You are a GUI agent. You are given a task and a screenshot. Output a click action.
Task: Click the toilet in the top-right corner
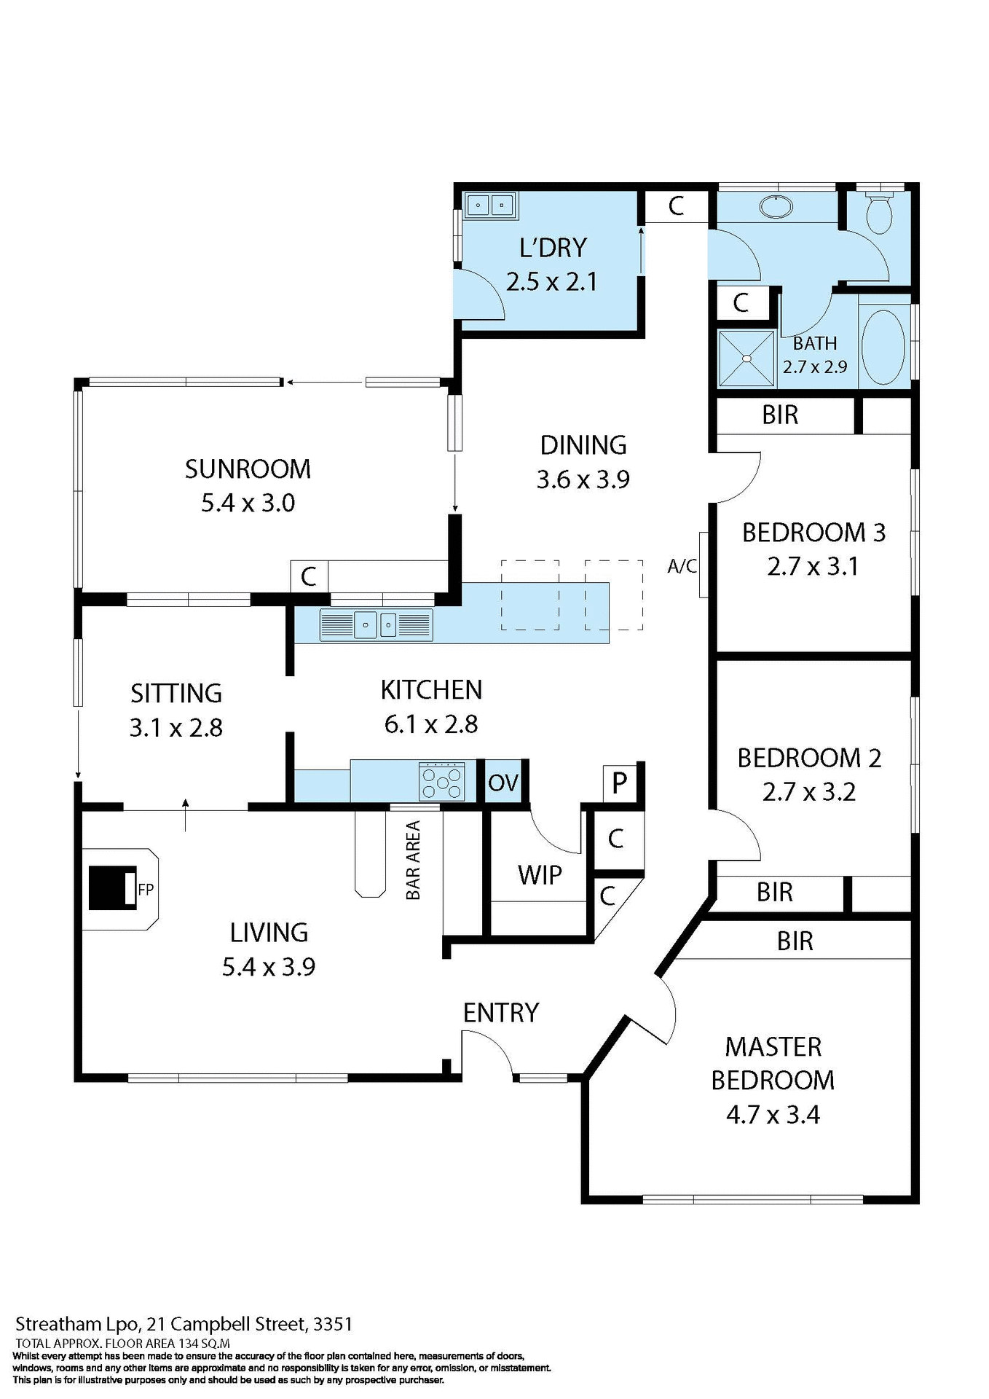point(879,213)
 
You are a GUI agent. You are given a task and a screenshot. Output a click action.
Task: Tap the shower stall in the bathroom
point(746,358)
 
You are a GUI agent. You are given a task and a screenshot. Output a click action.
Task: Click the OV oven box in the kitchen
point(503,783)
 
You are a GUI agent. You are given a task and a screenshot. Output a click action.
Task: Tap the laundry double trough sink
point(490,205)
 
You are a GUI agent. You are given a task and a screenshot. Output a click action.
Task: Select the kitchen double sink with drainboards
point(376,625)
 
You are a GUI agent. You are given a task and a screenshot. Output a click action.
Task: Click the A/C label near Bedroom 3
point(682,566)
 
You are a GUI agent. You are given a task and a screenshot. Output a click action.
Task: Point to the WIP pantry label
point(540,874)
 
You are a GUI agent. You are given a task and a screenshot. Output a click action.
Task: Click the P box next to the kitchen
point(619,783)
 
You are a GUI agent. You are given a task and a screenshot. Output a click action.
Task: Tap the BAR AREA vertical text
point(413,860)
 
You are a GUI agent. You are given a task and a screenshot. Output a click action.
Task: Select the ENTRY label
point(501,1012)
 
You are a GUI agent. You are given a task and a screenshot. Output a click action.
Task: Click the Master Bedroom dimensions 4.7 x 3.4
point(773,1115)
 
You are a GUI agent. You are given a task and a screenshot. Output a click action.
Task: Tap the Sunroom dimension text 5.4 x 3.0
point(248,503)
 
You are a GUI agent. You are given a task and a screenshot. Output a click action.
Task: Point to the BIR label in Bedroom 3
point(780,415)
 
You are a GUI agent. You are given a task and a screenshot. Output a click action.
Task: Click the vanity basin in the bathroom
point(776,206)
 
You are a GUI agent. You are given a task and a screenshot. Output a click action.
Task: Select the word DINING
point(583,444)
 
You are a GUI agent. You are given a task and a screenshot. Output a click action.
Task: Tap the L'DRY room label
point(553,248)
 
